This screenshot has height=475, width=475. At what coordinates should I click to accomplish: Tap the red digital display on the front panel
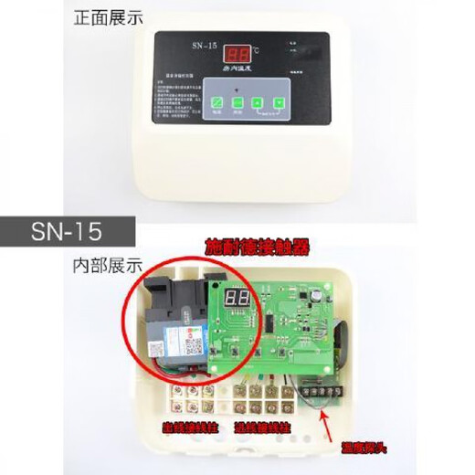point(239,54)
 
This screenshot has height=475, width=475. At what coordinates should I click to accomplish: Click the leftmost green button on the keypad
point(217,103)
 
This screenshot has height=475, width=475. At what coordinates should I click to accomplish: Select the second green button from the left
point(237,103)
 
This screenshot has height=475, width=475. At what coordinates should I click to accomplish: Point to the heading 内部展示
point(107,266)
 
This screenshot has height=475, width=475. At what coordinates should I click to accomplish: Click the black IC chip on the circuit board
point(272,322)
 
